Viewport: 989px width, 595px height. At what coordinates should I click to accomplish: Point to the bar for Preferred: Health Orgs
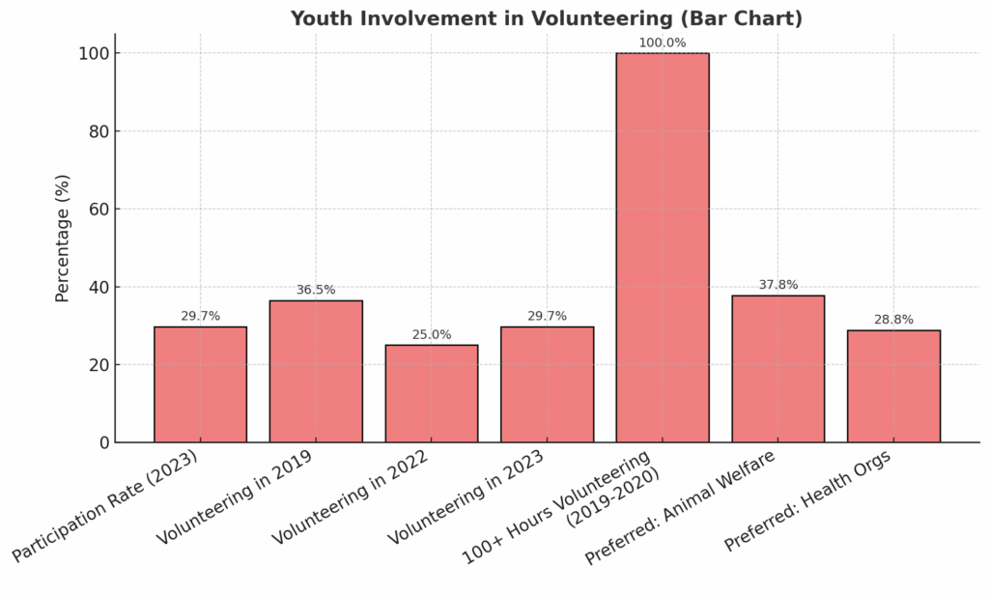click(x=893, y=386)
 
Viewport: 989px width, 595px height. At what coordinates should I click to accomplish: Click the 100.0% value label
click(x=663, y=42)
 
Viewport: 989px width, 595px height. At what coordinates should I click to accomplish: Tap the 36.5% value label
click(x=316, y=290)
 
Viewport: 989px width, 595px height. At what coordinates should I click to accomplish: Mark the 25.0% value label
click(x=431, y=334)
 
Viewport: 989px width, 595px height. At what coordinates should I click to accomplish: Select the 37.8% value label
click(x=777, y=285)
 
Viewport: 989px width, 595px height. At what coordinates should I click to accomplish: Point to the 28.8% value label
click(x=893, y=320)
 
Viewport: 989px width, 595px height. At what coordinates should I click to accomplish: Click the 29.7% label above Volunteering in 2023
click(x=547, y=316)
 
